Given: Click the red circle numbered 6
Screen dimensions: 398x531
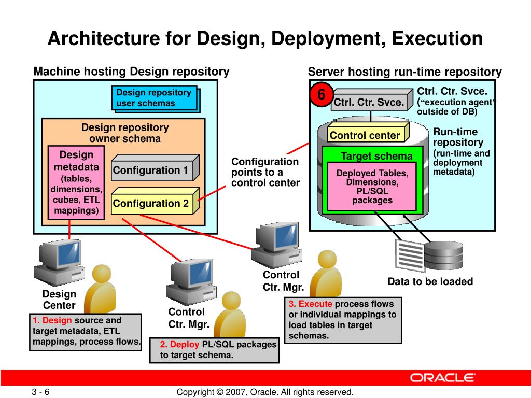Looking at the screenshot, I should click(321, 95).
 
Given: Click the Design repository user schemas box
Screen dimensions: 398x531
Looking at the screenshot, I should click(154, 97).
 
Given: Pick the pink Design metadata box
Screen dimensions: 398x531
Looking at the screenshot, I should click(76, 182).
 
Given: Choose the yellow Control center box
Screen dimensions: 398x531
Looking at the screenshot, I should click(365, 136).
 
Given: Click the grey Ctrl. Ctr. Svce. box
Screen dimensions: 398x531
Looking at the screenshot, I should click(368, 103).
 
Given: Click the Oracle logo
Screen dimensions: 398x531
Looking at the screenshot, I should click(442, 377).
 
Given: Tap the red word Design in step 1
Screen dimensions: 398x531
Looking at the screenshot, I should click(57, 320).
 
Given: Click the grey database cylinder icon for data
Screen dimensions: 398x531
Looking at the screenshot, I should click(443, 255).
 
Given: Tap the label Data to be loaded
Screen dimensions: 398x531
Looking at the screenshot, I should click(430, 282).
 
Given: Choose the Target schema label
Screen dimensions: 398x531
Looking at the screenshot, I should click(376, 157).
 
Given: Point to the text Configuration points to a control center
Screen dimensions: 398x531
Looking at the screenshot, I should click(265, 172).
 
